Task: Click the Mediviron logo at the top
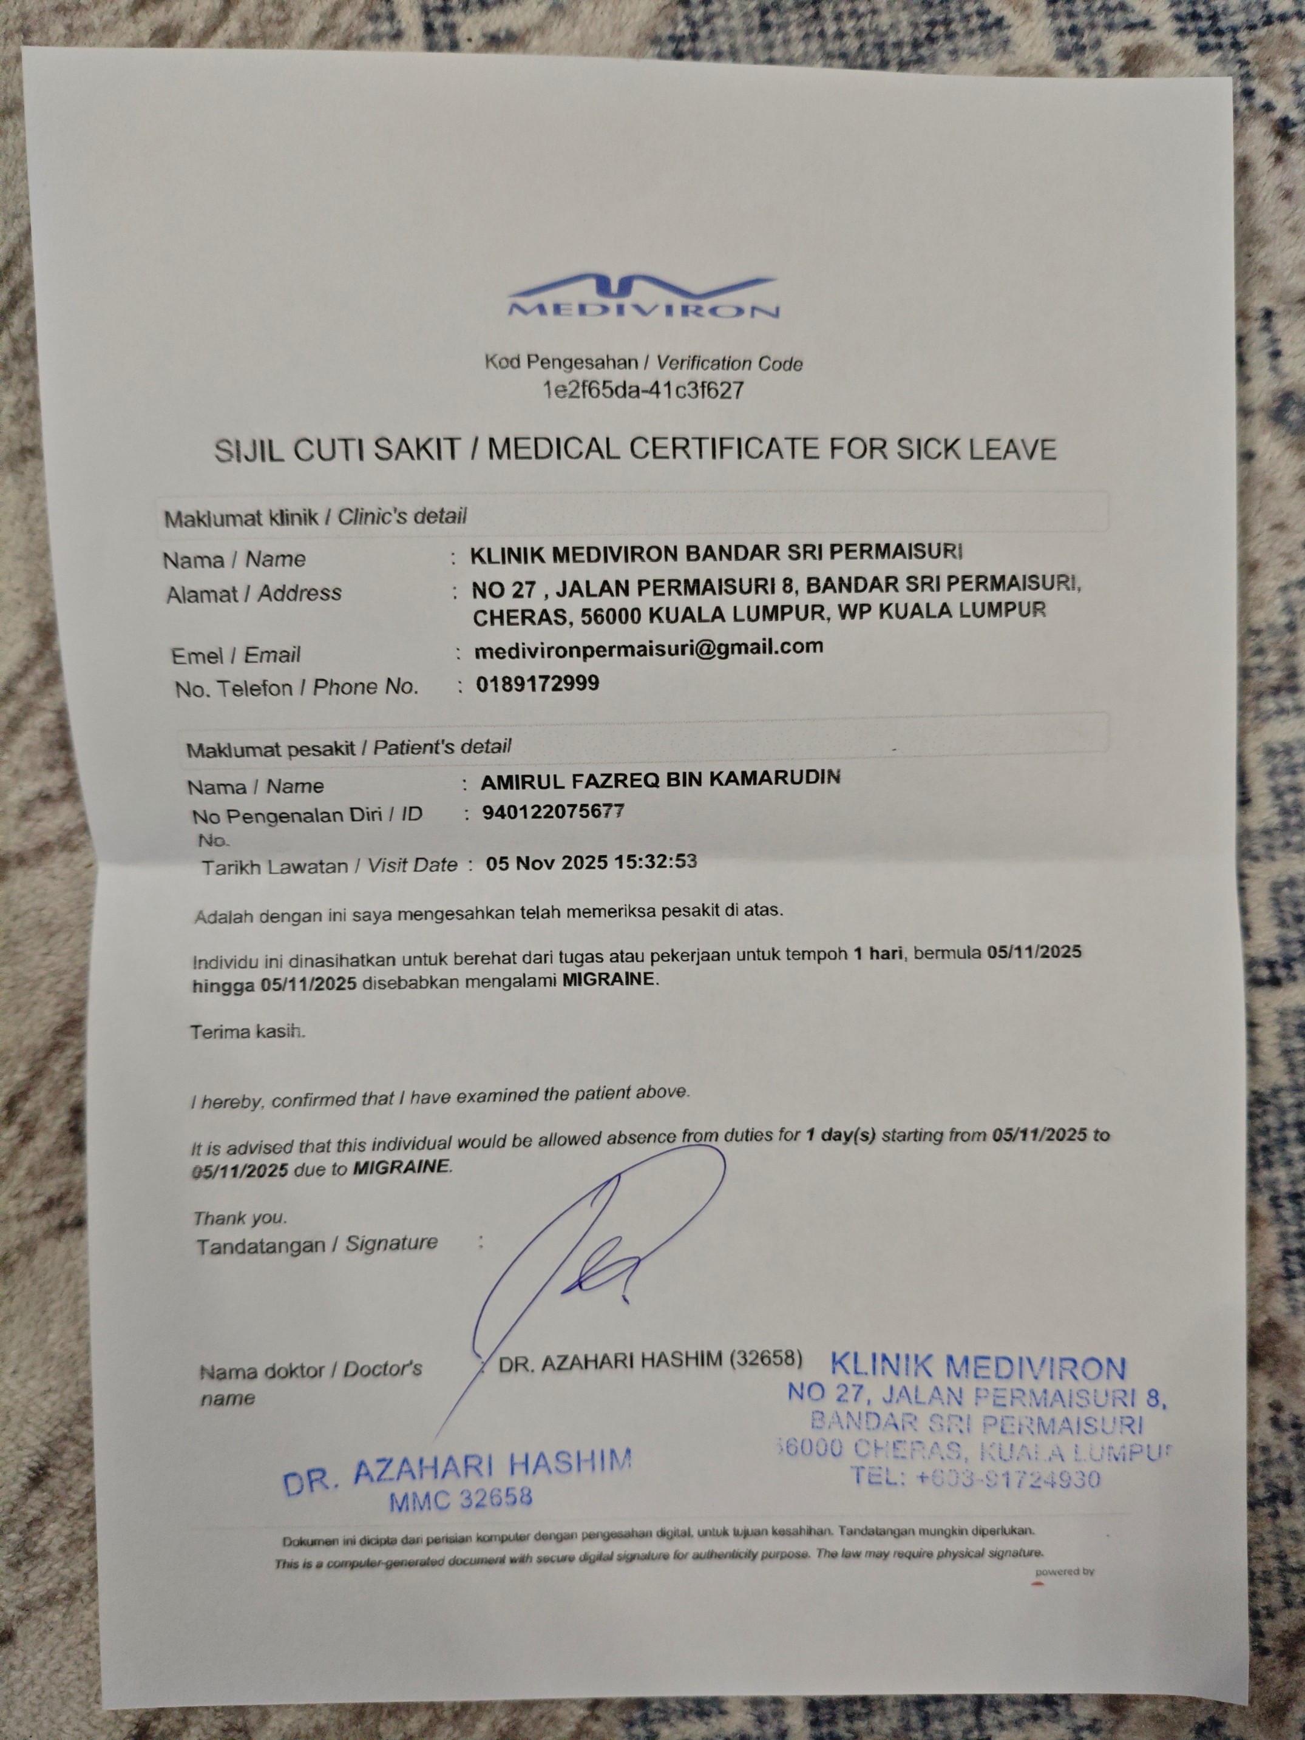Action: [x=643, y=297]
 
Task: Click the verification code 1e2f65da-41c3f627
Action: [x=643, y=390]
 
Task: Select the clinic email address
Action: [x=649, y=648]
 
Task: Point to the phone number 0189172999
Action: [x=537, y=683]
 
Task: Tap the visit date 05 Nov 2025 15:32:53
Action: [x=591, y=862]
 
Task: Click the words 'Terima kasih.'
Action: [x=247, y=1032]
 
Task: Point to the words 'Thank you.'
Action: [x=240, y=1219]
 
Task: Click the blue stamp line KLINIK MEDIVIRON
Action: [x=978, y=1368]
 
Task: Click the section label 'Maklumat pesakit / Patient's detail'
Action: [x=348, y=747]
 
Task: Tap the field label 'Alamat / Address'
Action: [x=253, y=594]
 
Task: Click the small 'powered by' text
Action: [x=1064, y=1572]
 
